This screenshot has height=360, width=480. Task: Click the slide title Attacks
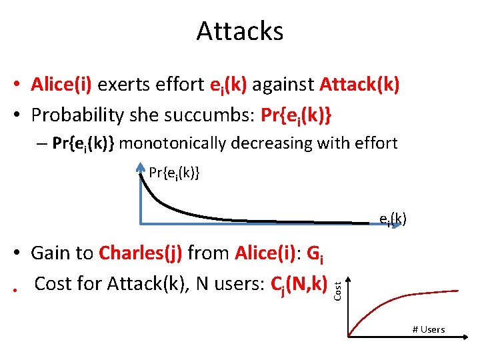(240, 31)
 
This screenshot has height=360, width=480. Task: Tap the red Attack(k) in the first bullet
(359, 85)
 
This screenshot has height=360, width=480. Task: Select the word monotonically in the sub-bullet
(179, 143)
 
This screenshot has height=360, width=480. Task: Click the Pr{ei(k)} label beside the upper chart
(174, 174)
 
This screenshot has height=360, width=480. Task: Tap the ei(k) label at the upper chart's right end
(393, 219)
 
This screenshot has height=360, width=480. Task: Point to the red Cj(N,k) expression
(301, 284)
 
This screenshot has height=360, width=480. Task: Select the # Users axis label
(429, 329)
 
